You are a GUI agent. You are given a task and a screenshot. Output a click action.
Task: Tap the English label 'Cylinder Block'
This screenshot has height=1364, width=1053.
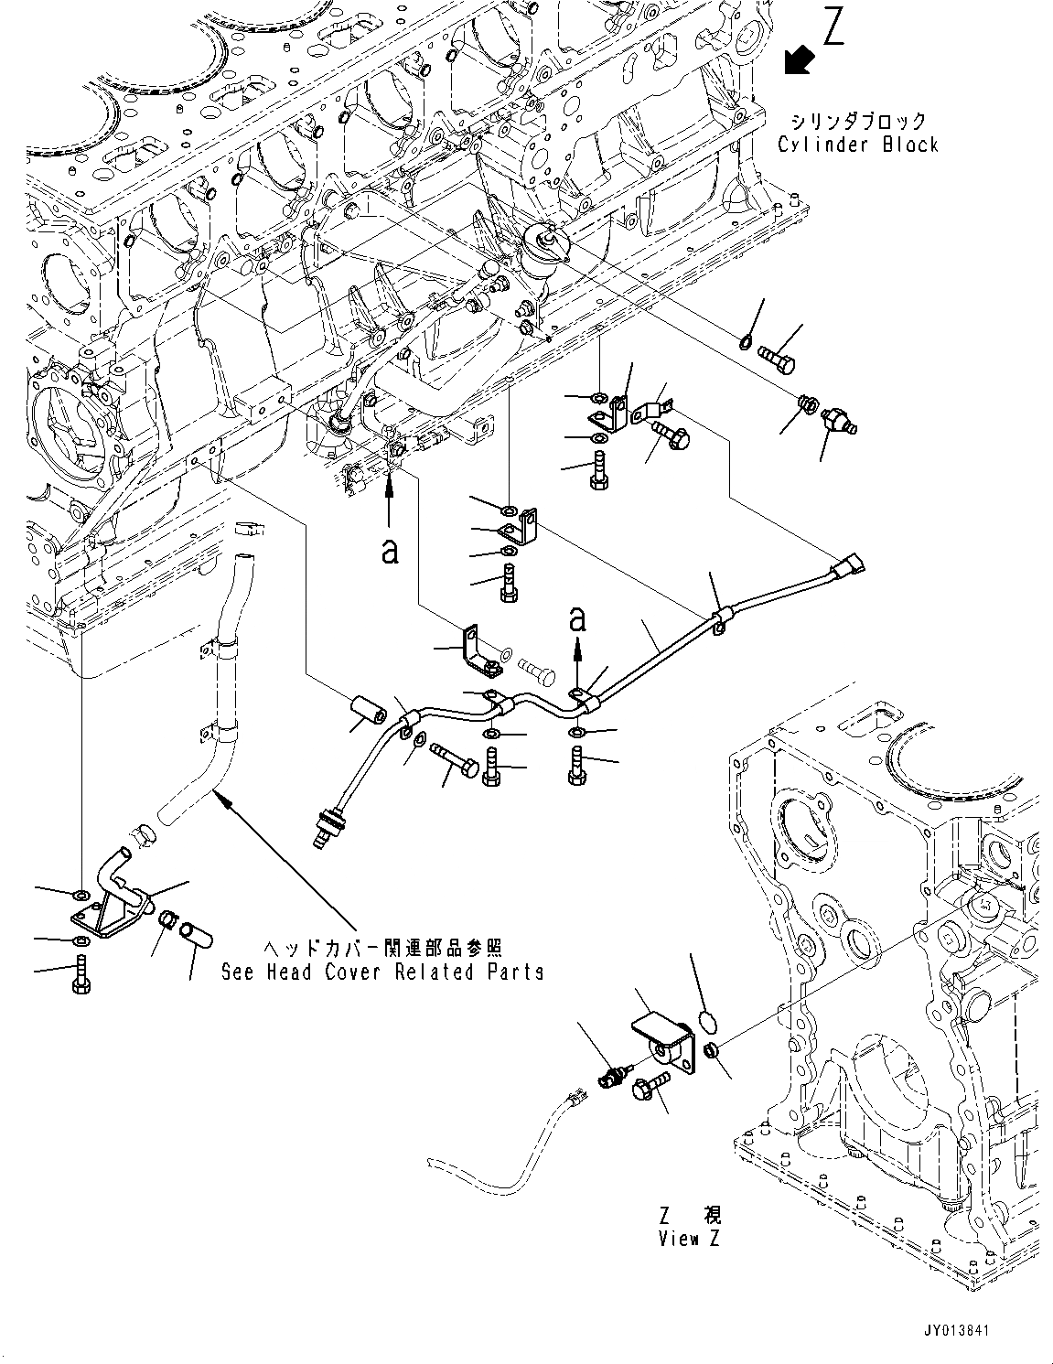click(x=858, y=145)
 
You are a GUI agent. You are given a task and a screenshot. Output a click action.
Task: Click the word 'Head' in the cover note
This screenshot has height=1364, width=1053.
click(x=289, y=972)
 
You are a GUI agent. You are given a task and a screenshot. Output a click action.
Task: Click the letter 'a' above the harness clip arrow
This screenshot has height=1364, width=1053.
click(x=576, y=619)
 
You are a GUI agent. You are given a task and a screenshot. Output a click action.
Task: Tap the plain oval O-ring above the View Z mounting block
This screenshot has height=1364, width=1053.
click(x=705, y=1020)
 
